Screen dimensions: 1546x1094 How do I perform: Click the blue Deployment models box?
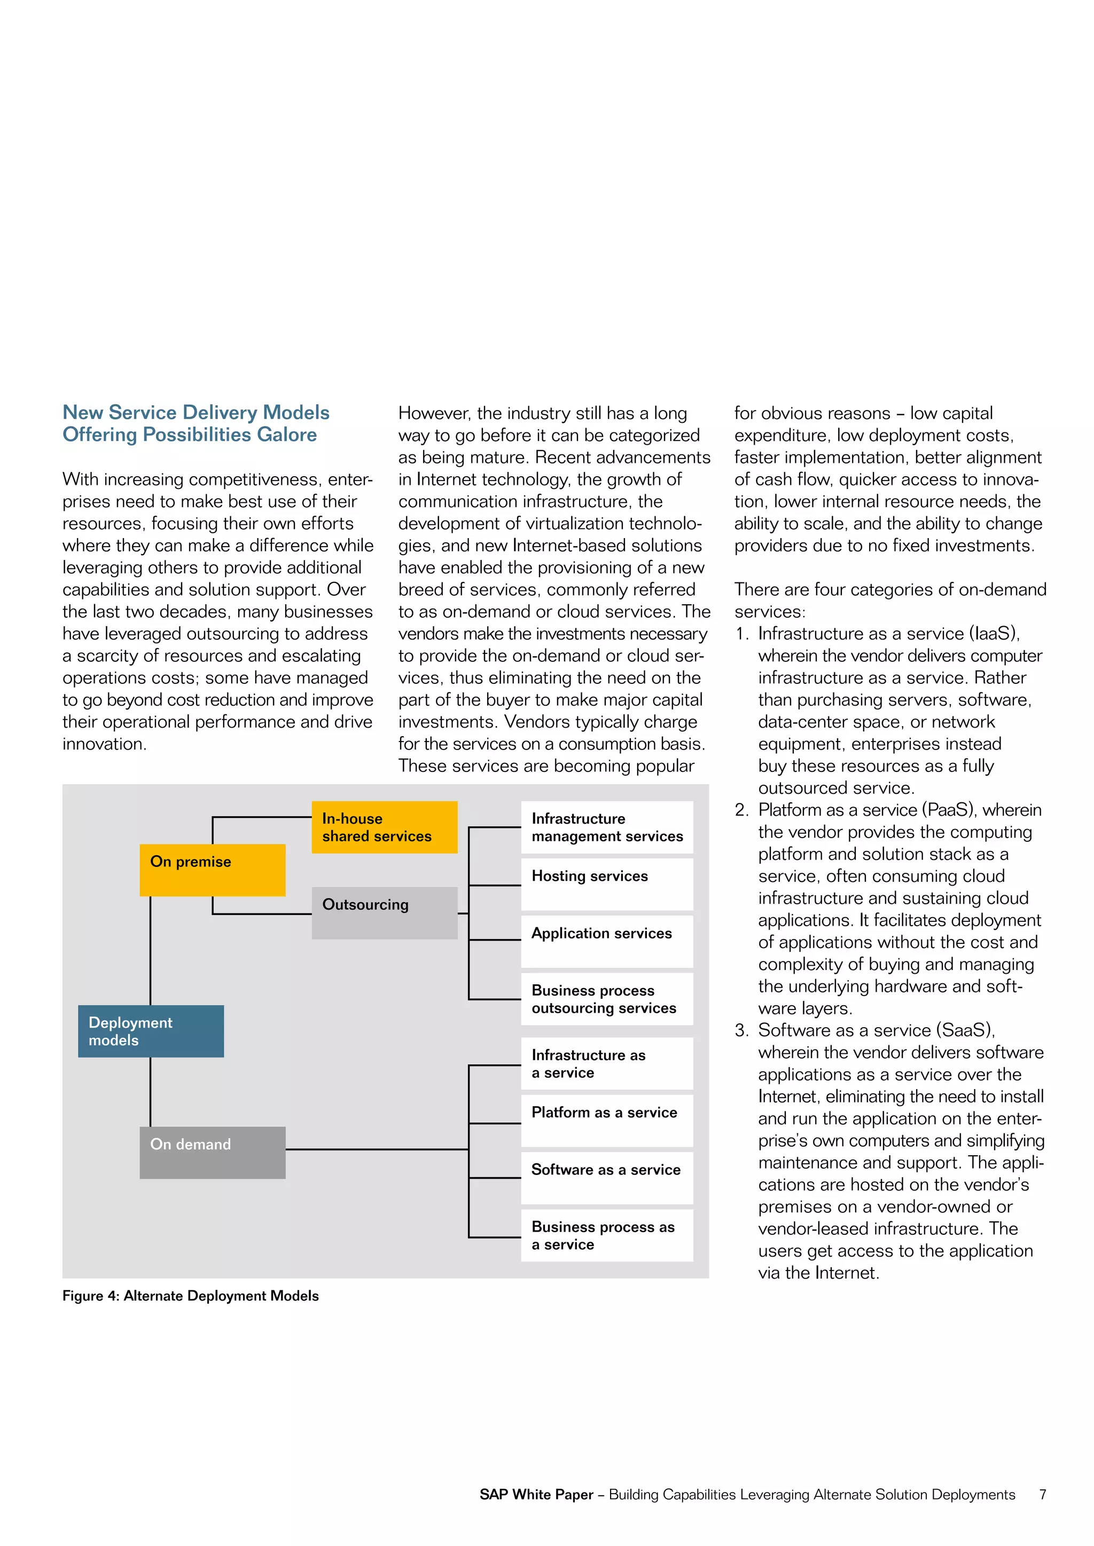(x=151, y=1031)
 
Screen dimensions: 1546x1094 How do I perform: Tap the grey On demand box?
(x=212, y=1152)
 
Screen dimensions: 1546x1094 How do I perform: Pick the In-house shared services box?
(x=384, y=827)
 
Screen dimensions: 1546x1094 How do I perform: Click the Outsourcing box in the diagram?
(x=384, y=912)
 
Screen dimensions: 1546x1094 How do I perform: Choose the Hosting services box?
(x=606, y=884)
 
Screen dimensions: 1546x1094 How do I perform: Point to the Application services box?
(x=606, y=941)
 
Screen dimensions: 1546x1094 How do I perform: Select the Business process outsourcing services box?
(x=606, y=999)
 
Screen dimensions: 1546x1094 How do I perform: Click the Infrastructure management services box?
(x=606, y=827)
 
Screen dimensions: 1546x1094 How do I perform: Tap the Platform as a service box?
(x=606, y=1121)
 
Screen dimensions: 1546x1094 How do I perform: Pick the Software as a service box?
(x=606, y=1178)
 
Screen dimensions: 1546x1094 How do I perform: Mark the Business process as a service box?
(x=606, y=1236)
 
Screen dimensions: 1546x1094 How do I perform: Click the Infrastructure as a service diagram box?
(x=606, y=1063)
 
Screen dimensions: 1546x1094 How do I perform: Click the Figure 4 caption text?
(x=191, y=1296)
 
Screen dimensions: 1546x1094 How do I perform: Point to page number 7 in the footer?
(x=1042, y=1494)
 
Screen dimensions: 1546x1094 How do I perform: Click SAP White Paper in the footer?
(x=536, y=1494)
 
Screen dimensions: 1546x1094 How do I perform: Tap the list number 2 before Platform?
(x=741, y=810)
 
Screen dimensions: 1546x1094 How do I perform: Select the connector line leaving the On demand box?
(x=377, y=1149)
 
